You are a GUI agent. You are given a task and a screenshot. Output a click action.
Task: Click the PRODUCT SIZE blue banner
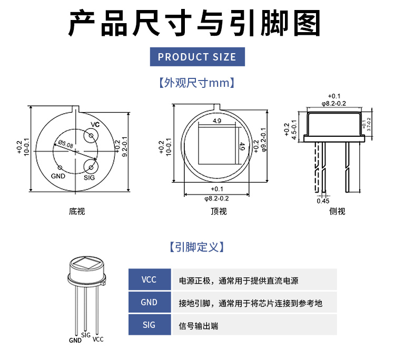(197, 57)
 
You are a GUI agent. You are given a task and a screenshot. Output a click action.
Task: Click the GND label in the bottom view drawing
(58, 176)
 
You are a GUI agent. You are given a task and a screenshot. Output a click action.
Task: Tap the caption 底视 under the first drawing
(77, 212)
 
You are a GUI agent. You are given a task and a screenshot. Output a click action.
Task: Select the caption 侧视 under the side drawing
(337, 212)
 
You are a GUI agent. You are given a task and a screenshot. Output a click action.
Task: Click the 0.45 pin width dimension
(323, 201)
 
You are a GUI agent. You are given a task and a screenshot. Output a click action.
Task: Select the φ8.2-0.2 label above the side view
(333, 103)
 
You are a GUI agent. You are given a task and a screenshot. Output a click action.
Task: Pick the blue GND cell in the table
(150, 303)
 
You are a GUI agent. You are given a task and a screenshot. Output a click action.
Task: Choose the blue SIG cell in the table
(150, 325)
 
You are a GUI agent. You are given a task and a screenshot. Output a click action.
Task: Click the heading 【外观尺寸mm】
(197, 83)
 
